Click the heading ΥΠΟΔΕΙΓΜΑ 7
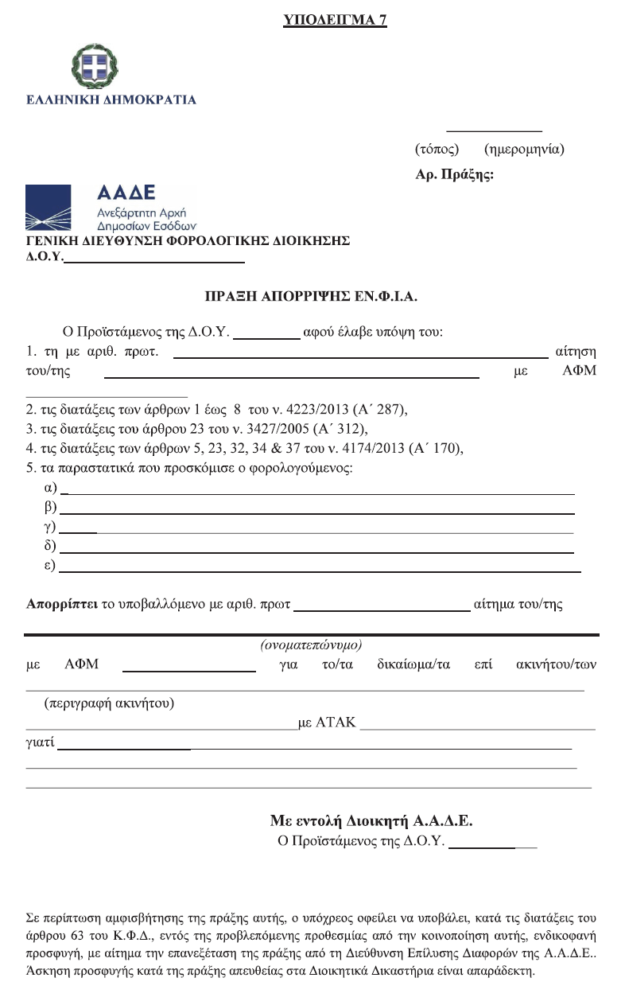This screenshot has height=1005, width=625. coord(335,21)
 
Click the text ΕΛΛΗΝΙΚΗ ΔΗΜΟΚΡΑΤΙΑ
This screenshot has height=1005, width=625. coord(111,100)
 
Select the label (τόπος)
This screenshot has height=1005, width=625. coord(437,149)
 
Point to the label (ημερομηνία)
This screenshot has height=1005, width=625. coord(524,149)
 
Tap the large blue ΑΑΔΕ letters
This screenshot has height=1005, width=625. coord(126,193)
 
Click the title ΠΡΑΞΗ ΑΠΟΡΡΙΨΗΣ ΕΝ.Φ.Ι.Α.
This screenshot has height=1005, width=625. coord(311,297)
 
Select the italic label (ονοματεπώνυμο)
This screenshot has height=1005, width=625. coord(311,644)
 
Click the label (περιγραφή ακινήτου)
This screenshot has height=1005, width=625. coord(110,703)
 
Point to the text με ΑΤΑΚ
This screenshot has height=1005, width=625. coord(326,723)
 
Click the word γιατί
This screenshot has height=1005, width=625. coord(40,743)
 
